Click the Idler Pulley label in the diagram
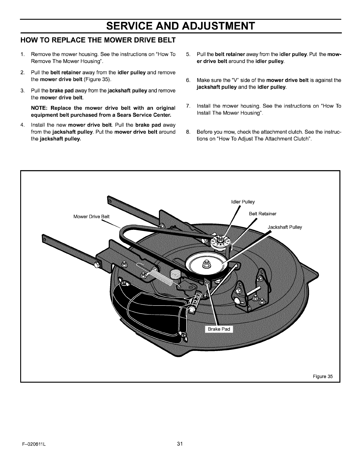pyautogui.click(x=243, y=202)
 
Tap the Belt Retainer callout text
pyautogui.click(x=262, y=214)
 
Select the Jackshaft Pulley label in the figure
pyautogui.click(x=285, y=227)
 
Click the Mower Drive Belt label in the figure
pyautogui.click(x=91, y=216)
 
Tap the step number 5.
pyautogui.click(x=188, y=54)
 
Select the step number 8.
pyautogui.click(x=188, y=132)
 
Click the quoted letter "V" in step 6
pyautogui.click(x=236, y=80)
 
